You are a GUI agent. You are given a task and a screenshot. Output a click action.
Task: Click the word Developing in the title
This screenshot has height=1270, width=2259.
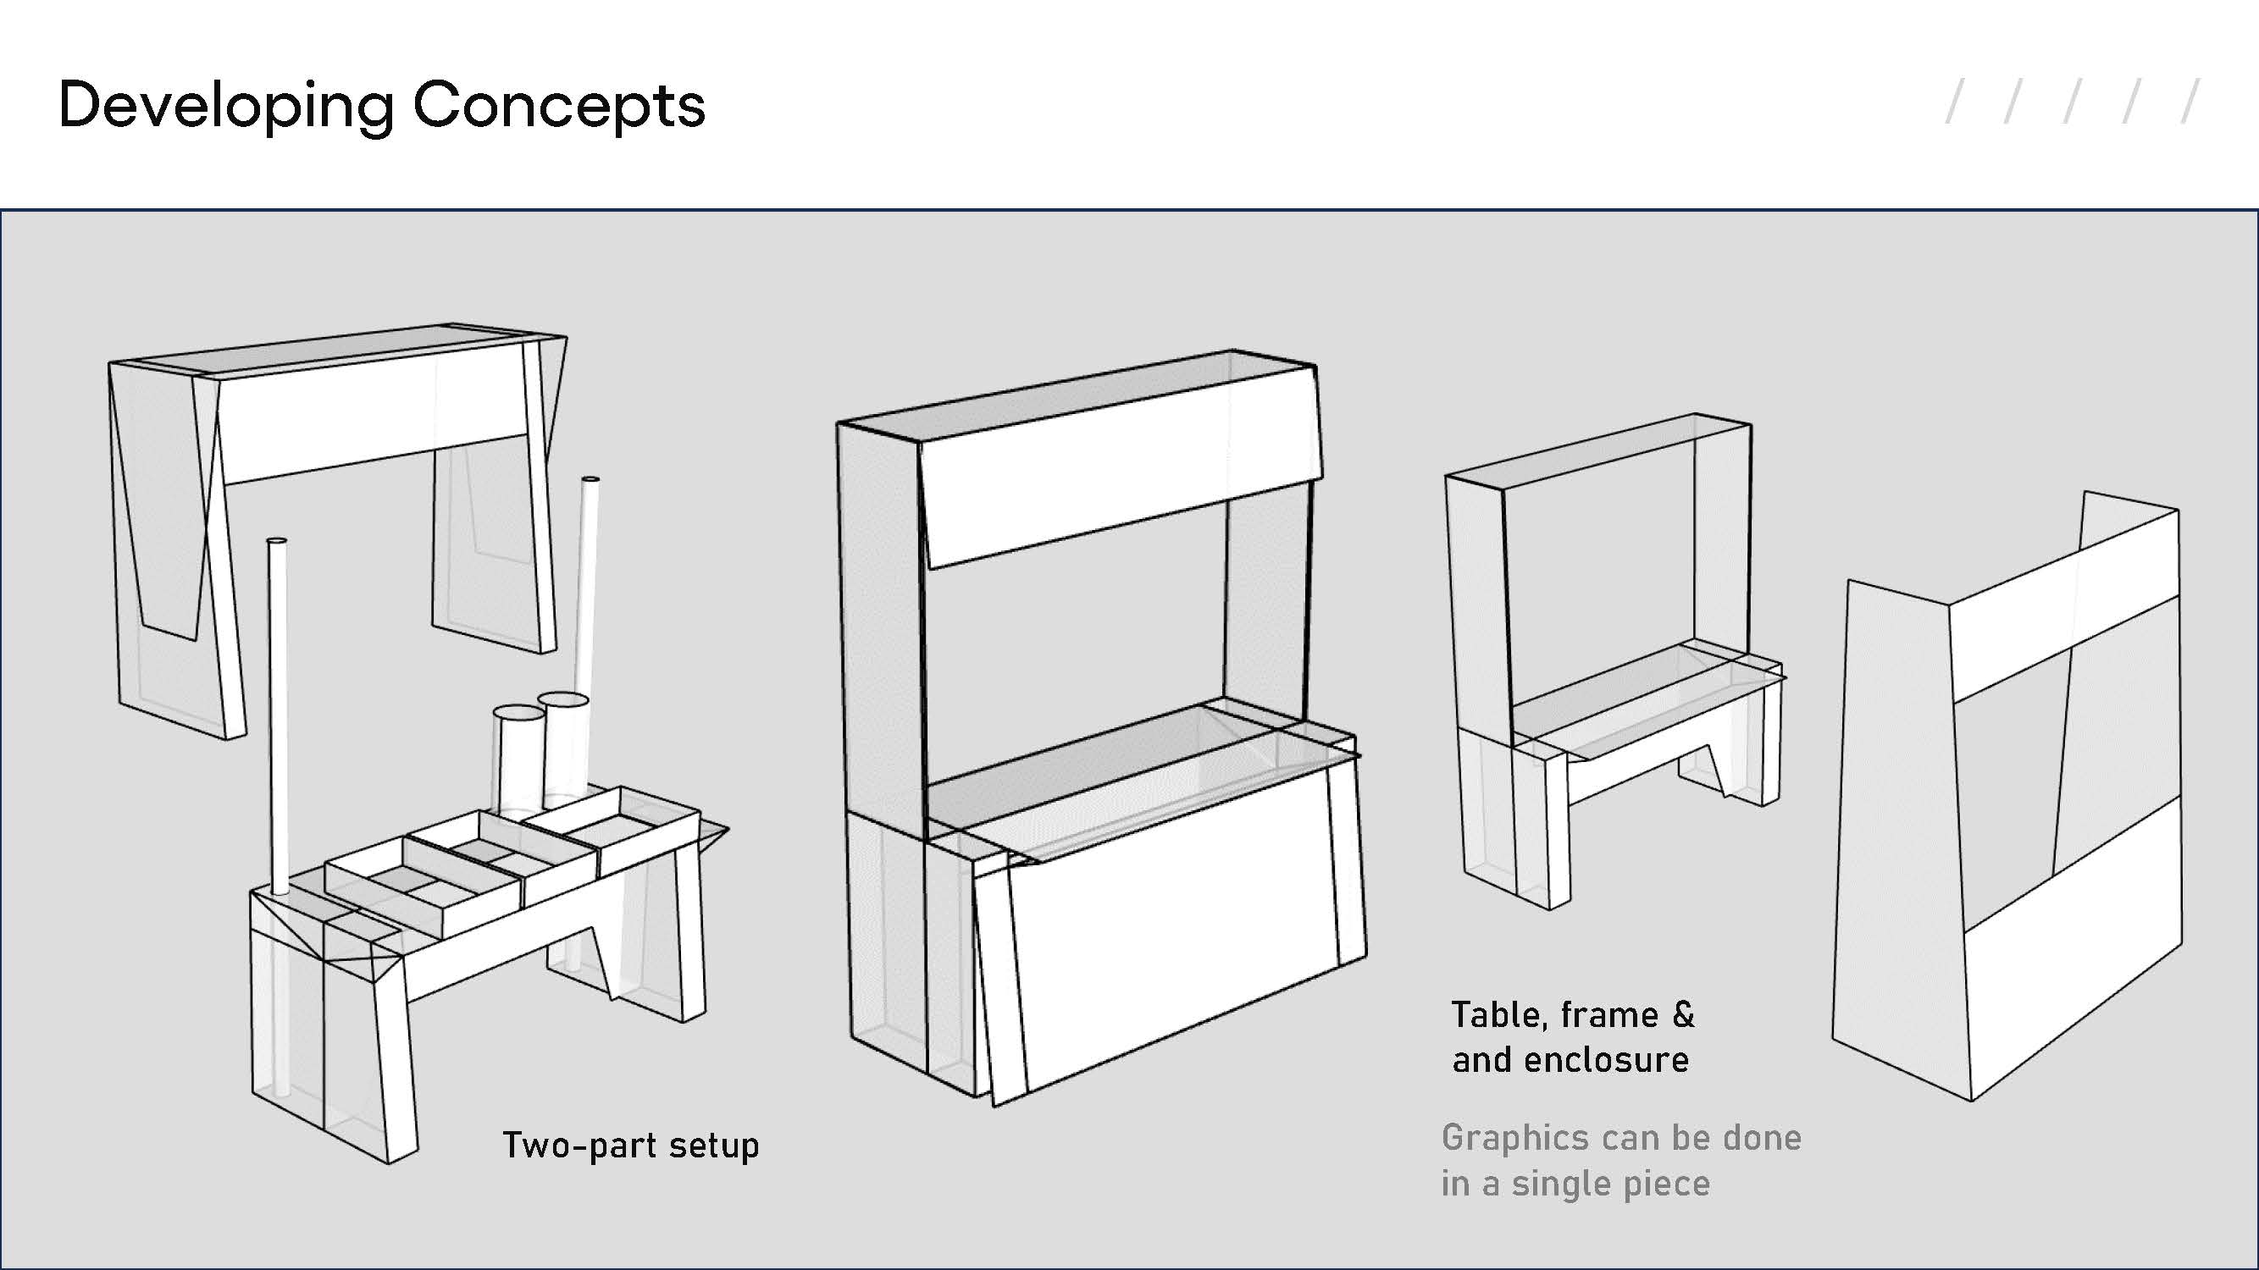(226, 107)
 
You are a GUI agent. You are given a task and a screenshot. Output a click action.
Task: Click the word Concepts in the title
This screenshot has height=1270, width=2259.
(560, 105)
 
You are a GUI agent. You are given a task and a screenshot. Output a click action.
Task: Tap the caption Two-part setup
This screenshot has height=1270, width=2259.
(630, 1146)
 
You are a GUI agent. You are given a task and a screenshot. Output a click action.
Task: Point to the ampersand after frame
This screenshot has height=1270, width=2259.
(1683, 1014)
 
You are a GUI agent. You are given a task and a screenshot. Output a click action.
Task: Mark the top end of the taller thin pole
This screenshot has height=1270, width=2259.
(590, 479)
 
